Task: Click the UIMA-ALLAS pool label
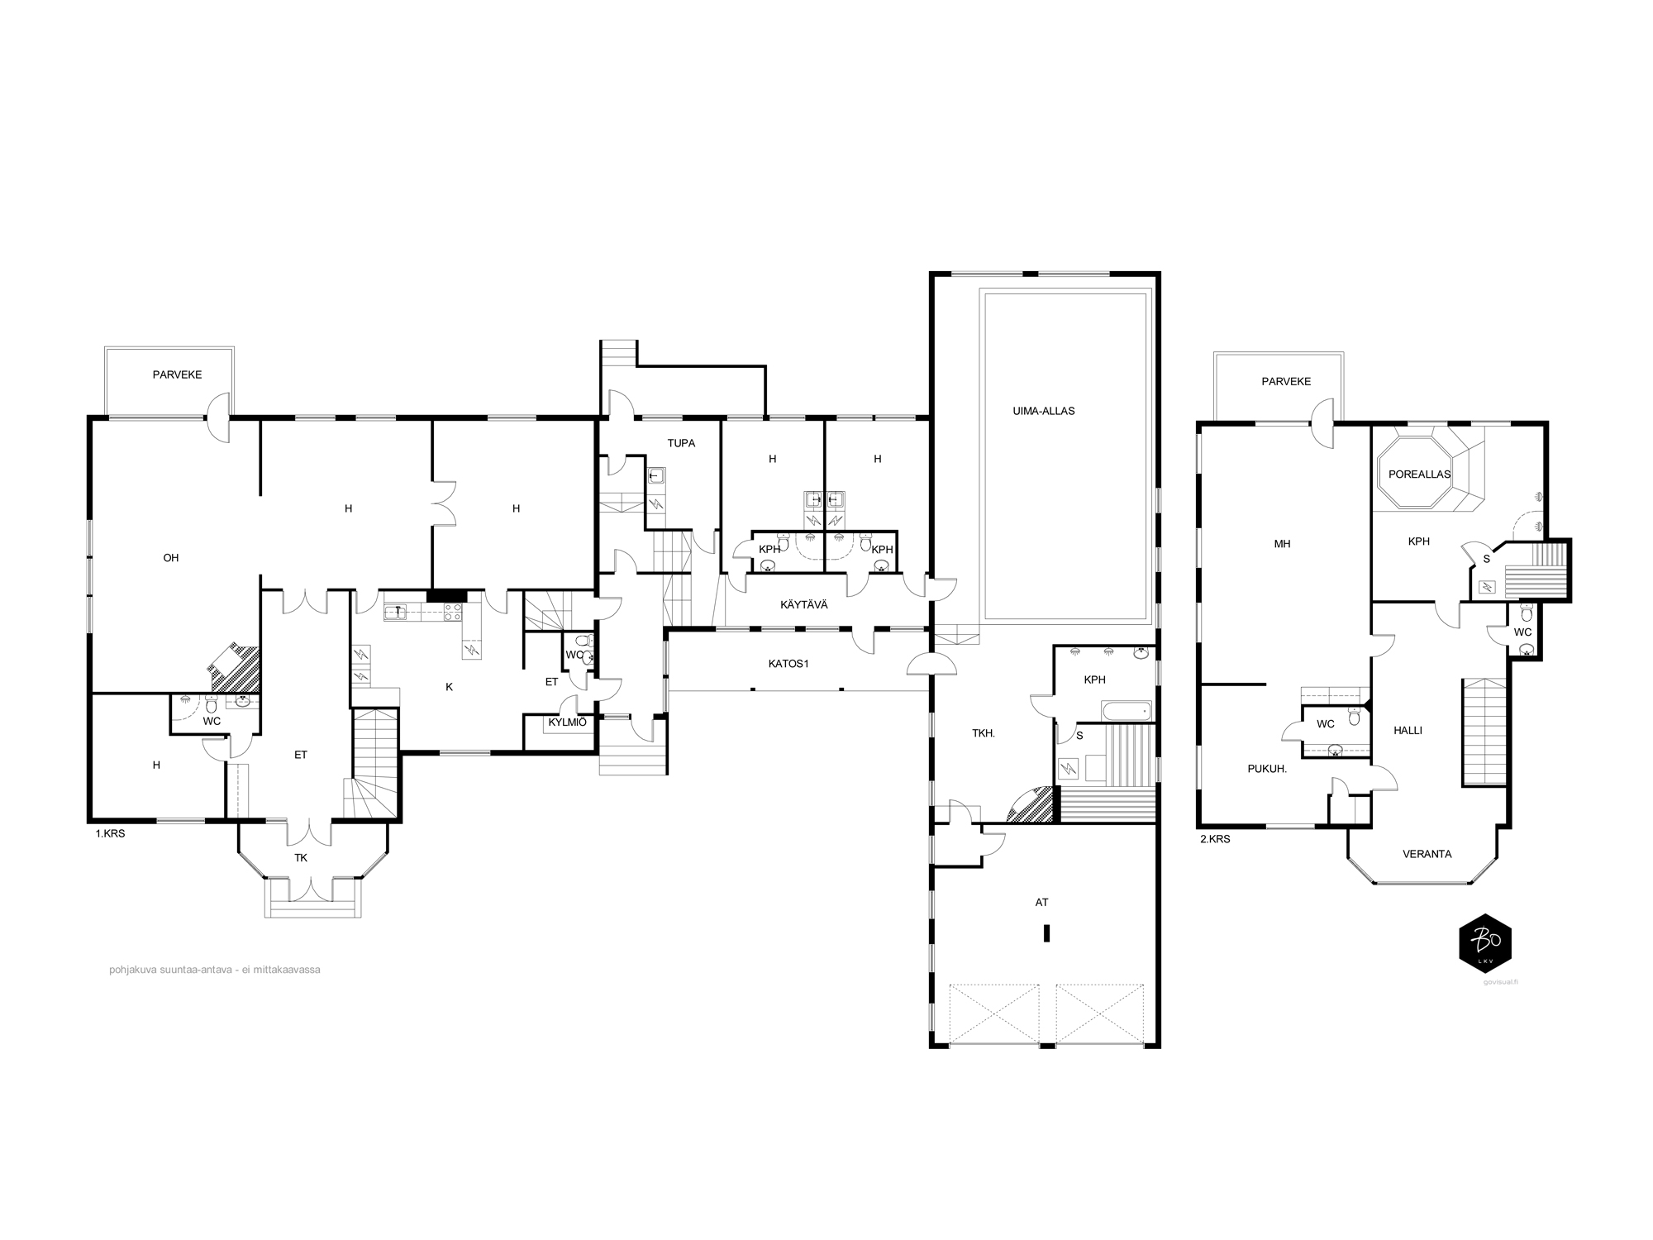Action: (x=1043, y=411)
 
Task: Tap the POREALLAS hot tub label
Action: (x=1419, y=475)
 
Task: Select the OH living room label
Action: (x=170, y=558)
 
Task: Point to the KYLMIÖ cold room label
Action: (x=567, y=722)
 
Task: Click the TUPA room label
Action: (x=681, y=443)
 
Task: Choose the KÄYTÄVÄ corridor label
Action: (x=803, y=605)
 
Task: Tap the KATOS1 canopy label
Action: (x=788, y=663)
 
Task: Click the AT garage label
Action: (x=1041, y=903)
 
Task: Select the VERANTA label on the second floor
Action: (x=1427, y=854)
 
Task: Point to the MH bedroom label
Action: (x=1282, y=544)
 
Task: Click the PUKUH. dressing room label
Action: (x=1267, y=768)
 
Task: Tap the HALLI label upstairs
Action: (x=1408, y=731)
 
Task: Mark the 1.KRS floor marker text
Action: (x=110, y=834)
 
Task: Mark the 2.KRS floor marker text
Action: (x=1215, y=839)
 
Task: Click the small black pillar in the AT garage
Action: (x=1046, y=933)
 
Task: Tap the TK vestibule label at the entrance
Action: (x=301, y=858)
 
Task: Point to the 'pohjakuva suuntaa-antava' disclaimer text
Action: (x=214, y=970)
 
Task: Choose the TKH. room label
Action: (x=983, y=733)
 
